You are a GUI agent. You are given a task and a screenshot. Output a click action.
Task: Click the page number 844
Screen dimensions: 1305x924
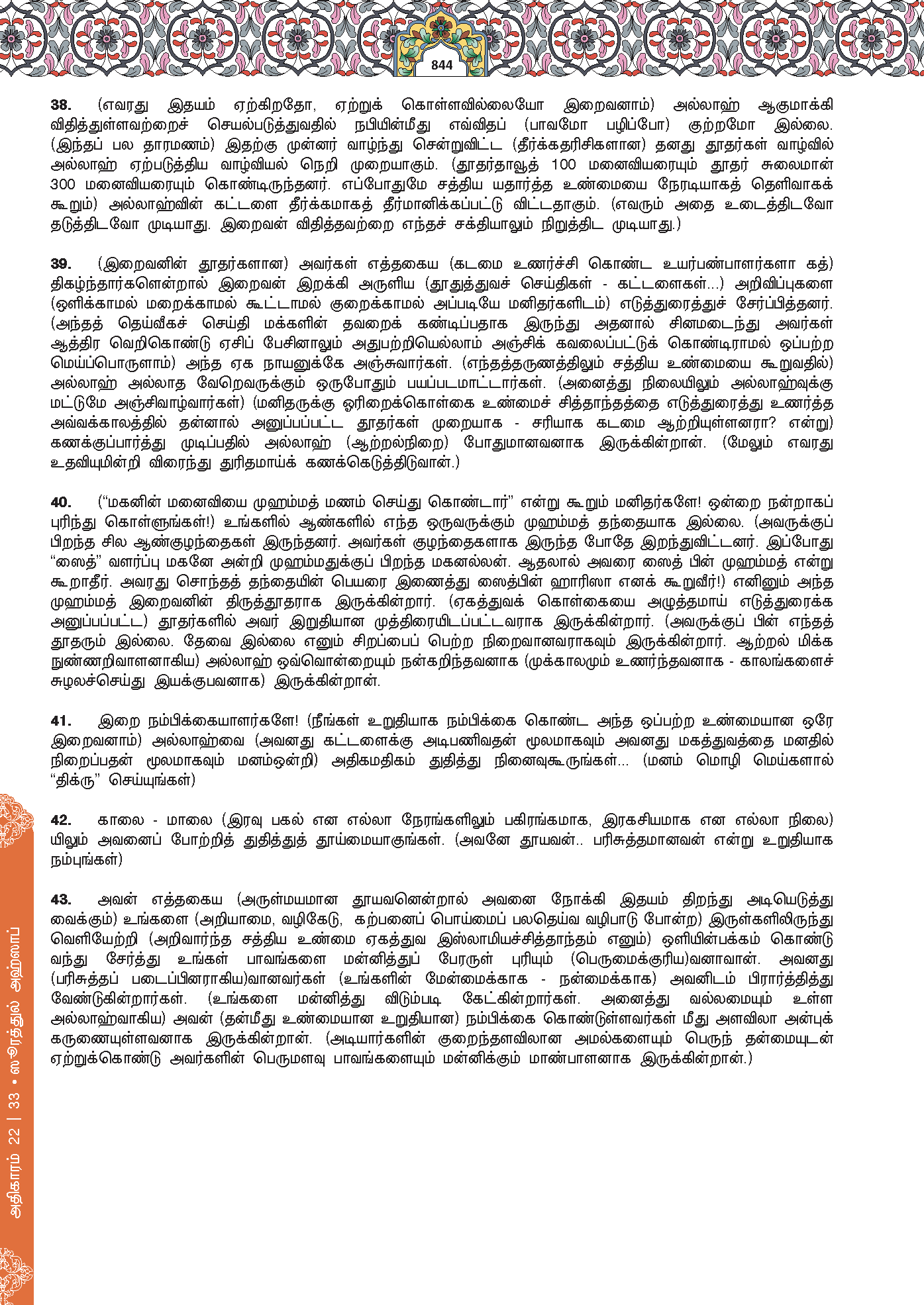[442, 65]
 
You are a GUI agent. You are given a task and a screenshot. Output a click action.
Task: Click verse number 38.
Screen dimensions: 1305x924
[61, 105]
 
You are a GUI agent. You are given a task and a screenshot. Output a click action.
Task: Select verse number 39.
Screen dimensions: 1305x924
[61, 264]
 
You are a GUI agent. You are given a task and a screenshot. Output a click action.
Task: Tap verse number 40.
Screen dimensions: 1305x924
[61, 503]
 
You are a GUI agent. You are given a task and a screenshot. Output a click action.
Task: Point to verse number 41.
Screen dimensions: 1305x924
[61, 721]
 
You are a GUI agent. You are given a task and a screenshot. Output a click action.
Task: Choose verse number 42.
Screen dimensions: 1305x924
[61, 820]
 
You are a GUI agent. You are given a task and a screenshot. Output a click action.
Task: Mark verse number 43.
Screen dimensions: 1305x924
[61, 900]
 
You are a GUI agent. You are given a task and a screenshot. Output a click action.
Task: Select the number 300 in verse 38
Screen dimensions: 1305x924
[63, 185]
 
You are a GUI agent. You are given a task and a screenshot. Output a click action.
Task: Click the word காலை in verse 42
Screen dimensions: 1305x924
[119, 820]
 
